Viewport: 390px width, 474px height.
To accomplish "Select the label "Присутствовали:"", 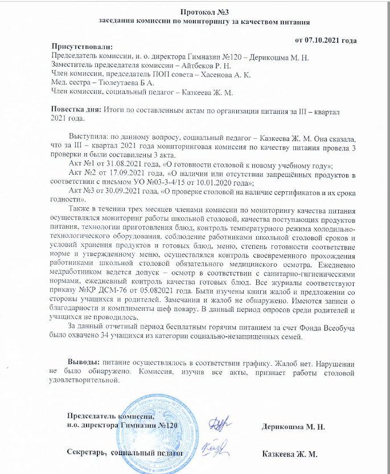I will coord(82,47).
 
